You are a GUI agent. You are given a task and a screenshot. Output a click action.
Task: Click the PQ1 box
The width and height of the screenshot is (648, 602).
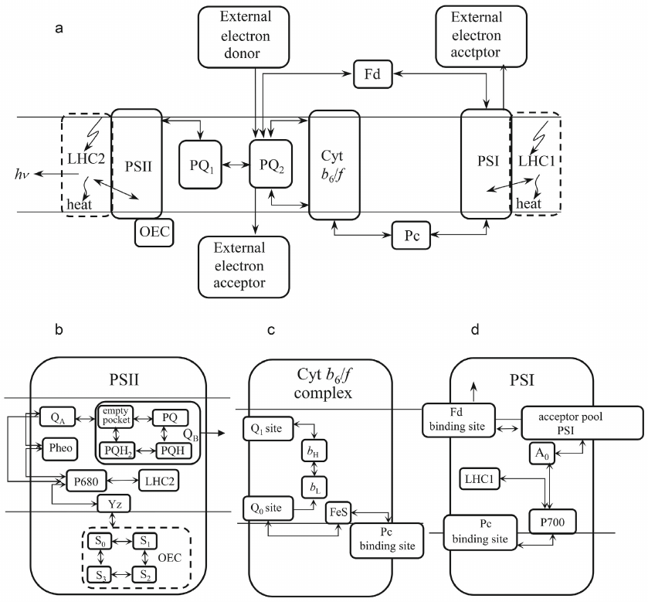tap(200, 165)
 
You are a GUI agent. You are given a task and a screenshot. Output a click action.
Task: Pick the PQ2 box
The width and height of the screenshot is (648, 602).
tap(270, 165)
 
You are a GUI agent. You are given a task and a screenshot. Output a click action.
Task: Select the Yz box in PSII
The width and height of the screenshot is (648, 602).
tap(114, 504)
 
